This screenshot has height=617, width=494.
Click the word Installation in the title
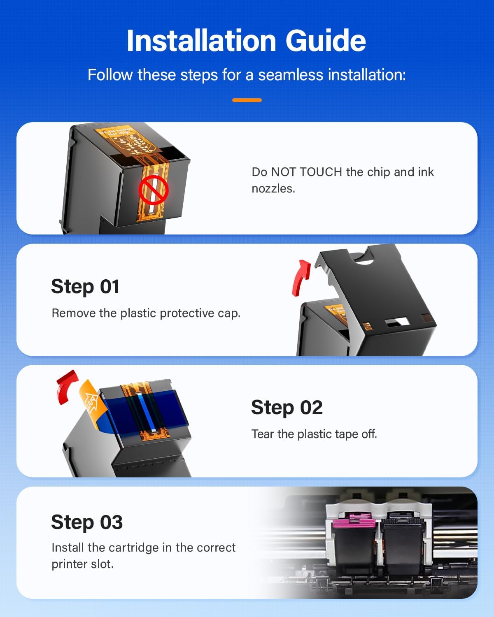(201, 41)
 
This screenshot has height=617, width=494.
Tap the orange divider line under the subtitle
(247, 100)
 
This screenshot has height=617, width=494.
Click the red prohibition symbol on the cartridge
(153, 190)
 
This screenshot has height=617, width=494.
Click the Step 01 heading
(85, 287)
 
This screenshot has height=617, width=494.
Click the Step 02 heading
(287, 408)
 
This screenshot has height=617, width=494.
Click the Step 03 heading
(87, 522)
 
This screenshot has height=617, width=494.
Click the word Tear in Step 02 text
(263, 434)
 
